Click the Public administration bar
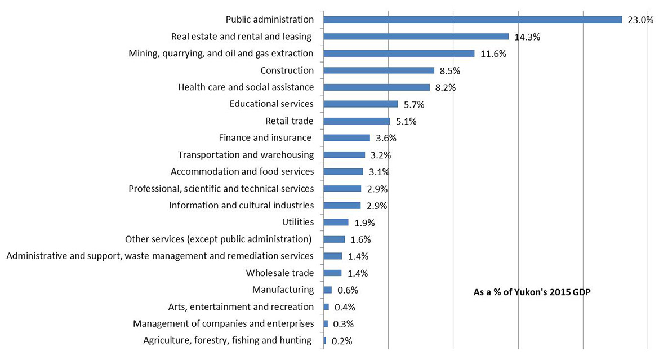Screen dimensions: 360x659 [473, 20]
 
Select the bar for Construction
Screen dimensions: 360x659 [379, 70]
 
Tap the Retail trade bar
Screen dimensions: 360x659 [357, 121]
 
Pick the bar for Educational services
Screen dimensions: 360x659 [361, 104]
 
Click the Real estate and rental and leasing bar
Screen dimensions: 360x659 [416, 37]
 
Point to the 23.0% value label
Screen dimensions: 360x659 [640, 20]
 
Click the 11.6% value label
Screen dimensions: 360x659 [493, 54]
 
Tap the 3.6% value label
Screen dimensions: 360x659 [386, 139]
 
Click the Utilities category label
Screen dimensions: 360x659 [297, 222]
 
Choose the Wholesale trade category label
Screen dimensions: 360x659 [279, 273]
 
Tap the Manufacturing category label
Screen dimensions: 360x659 [283, 290]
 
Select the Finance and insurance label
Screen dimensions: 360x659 [265, 137]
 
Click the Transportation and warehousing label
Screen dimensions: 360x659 [246, 154]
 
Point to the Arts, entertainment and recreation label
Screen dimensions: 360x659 [241, 306]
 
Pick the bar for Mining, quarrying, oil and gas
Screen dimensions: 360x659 [399, 54]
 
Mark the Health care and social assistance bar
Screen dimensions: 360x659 [377, 87]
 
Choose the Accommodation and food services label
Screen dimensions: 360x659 [242, 171]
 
